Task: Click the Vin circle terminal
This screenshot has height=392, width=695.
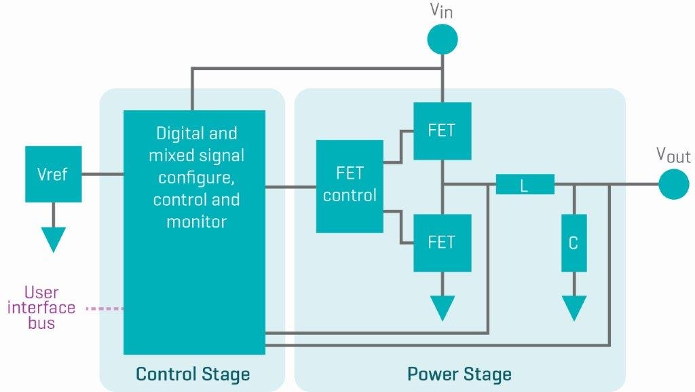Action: tap(442, 39)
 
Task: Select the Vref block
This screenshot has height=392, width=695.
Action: tap(53, 174)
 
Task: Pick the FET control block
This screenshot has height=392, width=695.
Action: tap(350, 186)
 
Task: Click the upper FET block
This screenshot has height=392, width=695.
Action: tap(442, 131)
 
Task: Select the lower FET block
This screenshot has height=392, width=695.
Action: tap(442, 242)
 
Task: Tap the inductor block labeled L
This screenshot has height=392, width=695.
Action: tap(525, 185)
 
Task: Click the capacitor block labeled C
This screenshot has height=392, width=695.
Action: tap(574, 243)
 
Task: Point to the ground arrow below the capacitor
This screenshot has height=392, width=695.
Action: tap(574, 308)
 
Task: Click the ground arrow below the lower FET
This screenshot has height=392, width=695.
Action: tap(442, 308)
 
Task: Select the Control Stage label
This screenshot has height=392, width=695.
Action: tap(193, 374)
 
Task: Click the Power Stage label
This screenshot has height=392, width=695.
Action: tap(459, 374)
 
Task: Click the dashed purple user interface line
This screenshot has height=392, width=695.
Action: tap(105, 309)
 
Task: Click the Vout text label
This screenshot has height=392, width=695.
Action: tap(673, 155)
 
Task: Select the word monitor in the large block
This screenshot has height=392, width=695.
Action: tap(196, 221)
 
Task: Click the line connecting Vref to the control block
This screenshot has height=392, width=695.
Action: tap(102, 175)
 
